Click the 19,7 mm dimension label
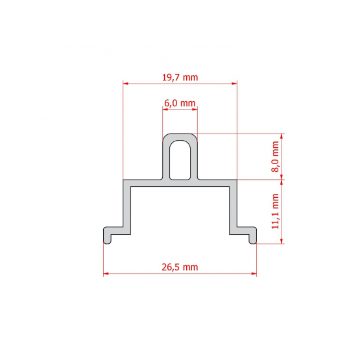point(180,78)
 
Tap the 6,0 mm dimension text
point(180,103)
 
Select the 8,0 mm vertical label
point(275,156)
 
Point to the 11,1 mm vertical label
point(275,211)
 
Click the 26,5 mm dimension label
point(180,267)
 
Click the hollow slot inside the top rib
point(180,160)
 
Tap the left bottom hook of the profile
point(113,234)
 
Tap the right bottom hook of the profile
point(247,234)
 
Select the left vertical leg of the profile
point(126,207)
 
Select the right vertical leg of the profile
point(233,207)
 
